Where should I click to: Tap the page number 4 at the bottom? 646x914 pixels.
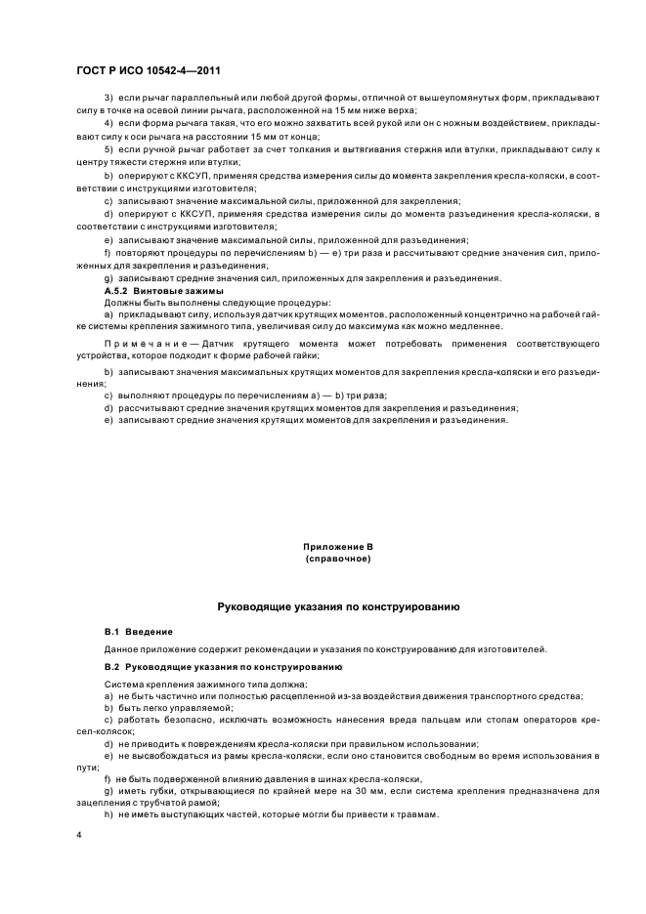80,835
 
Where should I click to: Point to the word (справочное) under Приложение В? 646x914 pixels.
338,561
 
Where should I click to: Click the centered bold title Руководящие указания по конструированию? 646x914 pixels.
338,606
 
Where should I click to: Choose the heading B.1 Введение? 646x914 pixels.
139,632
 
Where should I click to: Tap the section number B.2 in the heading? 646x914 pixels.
112,666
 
